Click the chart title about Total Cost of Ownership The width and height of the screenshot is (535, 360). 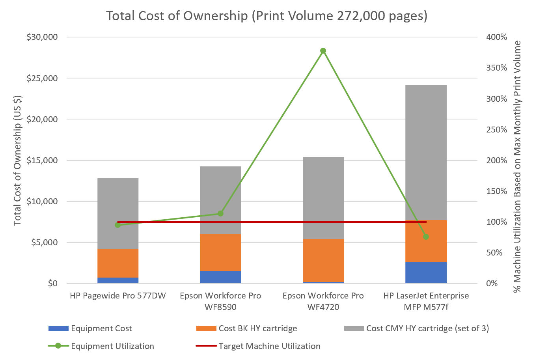(x=267, y=16)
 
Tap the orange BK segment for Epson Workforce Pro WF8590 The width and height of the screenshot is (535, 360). (x=220, y=252)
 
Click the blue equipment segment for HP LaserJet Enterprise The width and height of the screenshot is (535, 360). (x=426, y=272)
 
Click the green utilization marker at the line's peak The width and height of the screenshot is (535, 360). (x=323, y=51)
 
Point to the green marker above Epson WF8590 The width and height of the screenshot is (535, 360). (x=220, y=214)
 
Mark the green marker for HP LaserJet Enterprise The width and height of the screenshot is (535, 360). (x=426, y=237)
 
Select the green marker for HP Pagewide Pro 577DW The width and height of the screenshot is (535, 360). (x=118, y=225)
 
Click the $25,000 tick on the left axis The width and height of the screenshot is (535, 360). (x=42, y=78)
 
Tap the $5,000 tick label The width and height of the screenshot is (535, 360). (x=44, y=242)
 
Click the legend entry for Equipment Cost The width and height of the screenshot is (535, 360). (x=101, y=328)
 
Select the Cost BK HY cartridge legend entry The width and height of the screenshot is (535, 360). (x=257, y=328)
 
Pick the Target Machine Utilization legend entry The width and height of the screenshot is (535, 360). (x=269, y=346)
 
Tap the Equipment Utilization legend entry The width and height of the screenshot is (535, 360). (x=112, y=346)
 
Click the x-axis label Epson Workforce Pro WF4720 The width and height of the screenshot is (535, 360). (x=323, y=301)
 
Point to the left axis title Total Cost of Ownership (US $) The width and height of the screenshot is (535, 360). (x=17, y=160)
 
